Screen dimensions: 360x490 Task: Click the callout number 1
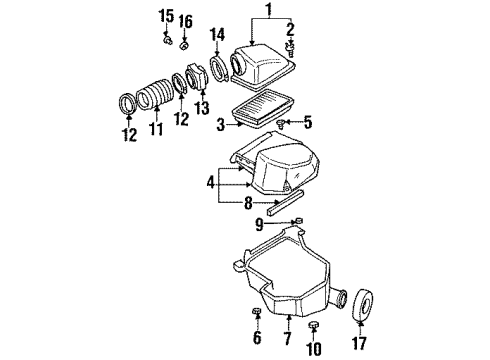click(266, 10)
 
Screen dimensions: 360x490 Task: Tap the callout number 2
click(291, 30)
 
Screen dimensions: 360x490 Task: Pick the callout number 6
click(256, 339)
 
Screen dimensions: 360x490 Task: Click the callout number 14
click(217, 38)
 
